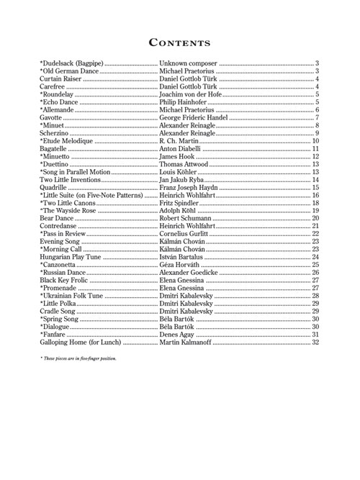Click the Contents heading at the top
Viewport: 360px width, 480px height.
[179, 42]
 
